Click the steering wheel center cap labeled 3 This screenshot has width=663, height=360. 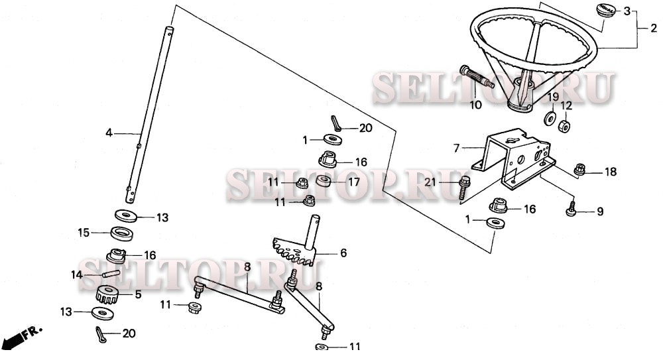(607, 10)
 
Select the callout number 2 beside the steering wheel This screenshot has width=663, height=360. (654, 29)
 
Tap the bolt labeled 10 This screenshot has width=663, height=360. (477, 77)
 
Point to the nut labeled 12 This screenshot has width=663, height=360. (564, 126)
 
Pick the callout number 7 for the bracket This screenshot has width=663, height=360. (456, 149)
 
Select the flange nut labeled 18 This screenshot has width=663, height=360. (579, 170)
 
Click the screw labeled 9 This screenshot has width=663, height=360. (572, 209)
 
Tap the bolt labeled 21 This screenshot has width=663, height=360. (464, 188)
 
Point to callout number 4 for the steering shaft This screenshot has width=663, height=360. (109, 133)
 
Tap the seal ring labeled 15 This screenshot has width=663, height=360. (122, 233)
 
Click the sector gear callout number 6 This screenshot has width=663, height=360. (343, 253)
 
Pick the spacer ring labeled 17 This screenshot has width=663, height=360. (325, 181)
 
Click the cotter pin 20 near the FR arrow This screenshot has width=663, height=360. (101, 334)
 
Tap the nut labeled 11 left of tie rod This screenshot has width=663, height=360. (194, 307)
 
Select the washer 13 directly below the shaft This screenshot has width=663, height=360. (126, 215)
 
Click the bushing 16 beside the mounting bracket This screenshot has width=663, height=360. (498, 206)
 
